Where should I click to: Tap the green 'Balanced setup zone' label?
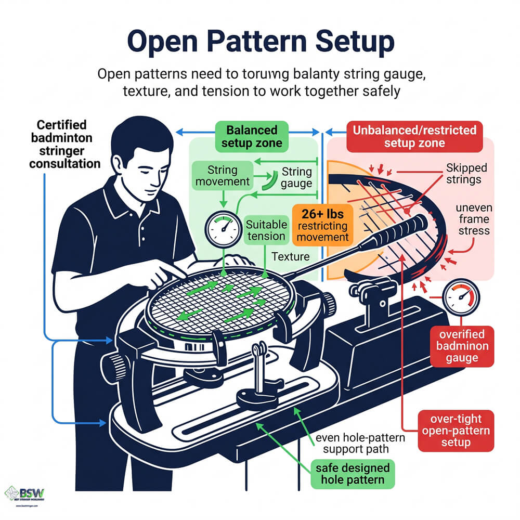click(252, 136)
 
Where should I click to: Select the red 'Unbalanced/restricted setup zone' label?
click(414, 136)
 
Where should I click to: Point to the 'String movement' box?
click(222, 176)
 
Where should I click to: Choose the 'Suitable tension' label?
click(265, 230)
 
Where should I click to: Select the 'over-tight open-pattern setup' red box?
click(450, 431)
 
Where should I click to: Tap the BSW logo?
click(26, 494)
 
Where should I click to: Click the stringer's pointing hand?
click(159, 272)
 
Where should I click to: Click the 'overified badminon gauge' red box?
click(462, 345)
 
